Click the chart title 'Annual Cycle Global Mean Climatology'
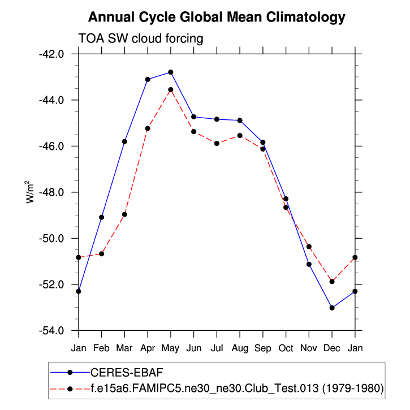click(217, 18)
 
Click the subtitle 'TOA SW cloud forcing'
click(140, 38)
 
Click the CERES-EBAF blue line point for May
click(171, 72)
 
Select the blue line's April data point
click(148, 79)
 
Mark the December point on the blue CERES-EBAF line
click(332, 308)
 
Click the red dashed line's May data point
click(171, 89)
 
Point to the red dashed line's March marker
click(124, 214)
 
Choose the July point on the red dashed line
click(217, 144)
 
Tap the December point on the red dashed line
click(332, 282)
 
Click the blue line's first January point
click(79, 291)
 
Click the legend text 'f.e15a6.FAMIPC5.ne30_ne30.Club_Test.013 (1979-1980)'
click(237, 389)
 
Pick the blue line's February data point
click(101, 217)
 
